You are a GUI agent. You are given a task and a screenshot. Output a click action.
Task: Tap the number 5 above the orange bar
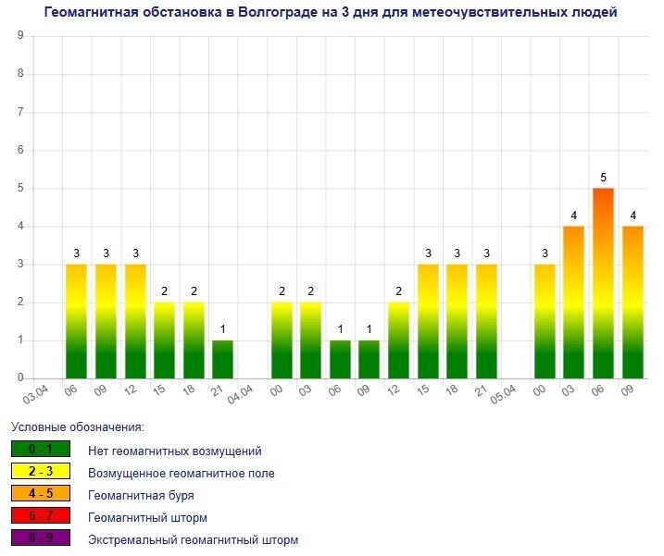[x=603, y=177]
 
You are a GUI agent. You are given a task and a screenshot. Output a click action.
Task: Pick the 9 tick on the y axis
[x=20, y=36]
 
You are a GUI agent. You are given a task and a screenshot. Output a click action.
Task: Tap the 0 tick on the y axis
[x=20, y=378]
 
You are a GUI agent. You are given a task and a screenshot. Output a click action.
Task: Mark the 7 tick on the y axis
[x=20, y=112]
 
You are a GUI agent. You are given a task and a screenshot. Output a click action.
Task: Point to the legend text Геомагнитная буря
[x=141, y=495]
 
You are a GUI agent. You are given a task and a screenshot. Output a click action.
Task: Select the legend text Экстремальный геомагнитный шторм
[x=193, y=539]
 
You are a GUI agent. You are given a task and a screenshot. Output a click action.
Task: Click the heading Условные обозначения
[x=78, y=427]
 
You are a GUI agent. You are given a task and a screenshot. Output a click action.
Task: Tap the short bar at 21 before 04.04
[x=222, y=360]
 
